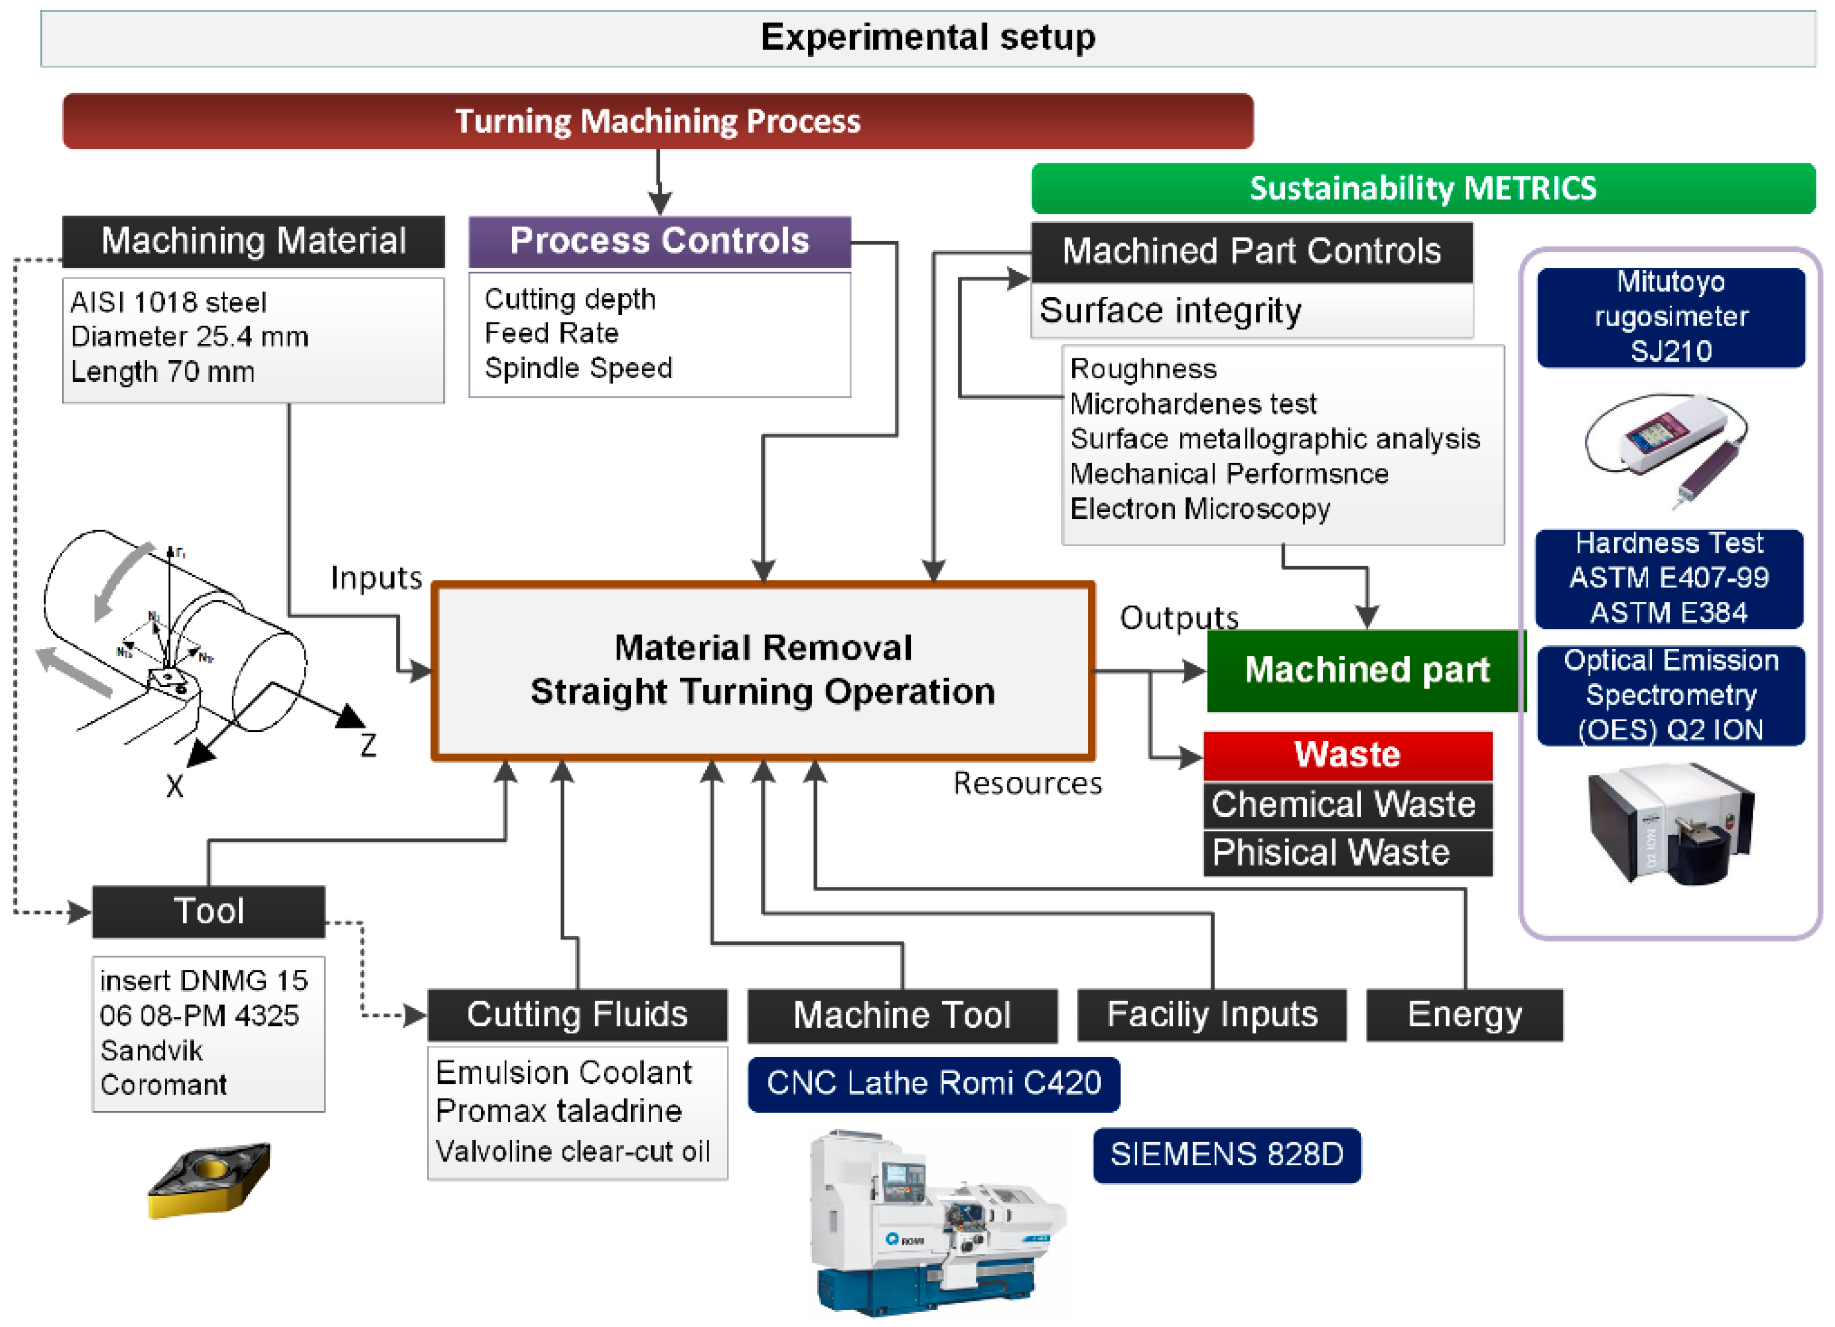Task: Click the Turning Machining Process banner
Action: click(657, 121)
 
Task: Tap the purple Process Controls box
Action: click(659, 241)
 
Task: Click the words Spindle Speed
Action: click(578, 368)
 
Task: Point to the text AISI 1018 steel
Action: click(168, 302)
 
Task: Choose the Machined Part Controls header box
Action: click(1251, 252)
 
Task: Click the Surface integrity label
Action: click(1170, 311)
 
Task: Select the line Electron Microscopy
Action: click(1199, 509)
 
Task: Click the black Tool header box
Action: click(209, 912)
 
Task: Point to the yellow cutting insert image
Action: click(209, 1180)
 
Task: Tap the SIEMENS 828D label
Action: click(1226, 1155)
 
